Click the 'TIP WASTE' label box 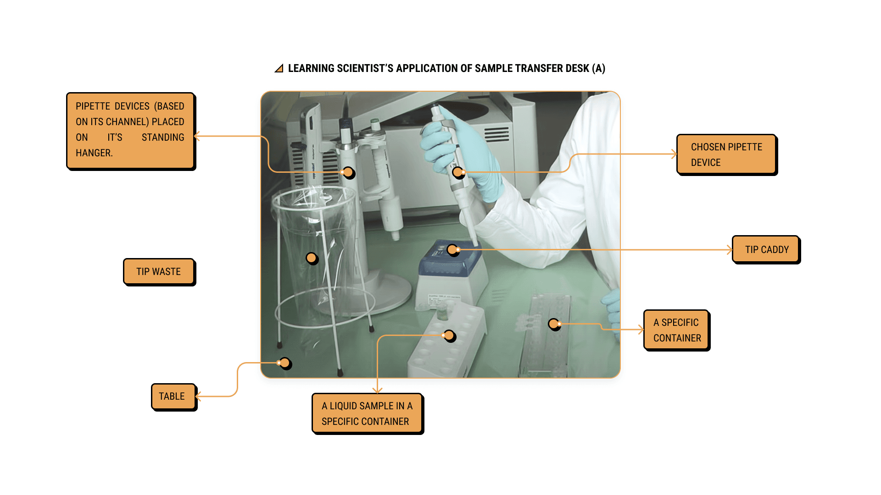[158, 271]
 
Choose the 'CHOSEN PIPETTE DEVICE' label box [726, 154]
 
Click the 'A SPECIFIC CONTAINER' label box [676, 330]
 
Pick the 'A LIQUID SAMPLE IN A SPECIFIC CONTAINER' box [367, 413]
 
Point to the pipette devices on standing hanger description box [130, 131]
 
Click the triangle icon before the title [279, 69]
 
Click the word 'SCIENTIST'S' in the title [365, 68]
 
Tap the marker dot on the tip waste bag [312, 258]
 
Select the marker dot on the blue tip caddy [452, 250]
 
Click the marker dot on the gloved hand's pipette [458, 172]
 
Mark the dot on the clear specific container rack [554, 324]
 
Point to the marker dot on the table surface [285, 363]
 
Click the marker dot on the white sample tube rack [449, 335]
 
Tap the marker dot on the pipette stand [348, 172]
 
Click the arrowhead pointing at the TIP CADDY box [730, 250]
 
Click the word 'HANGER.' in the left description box [94, 153]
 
